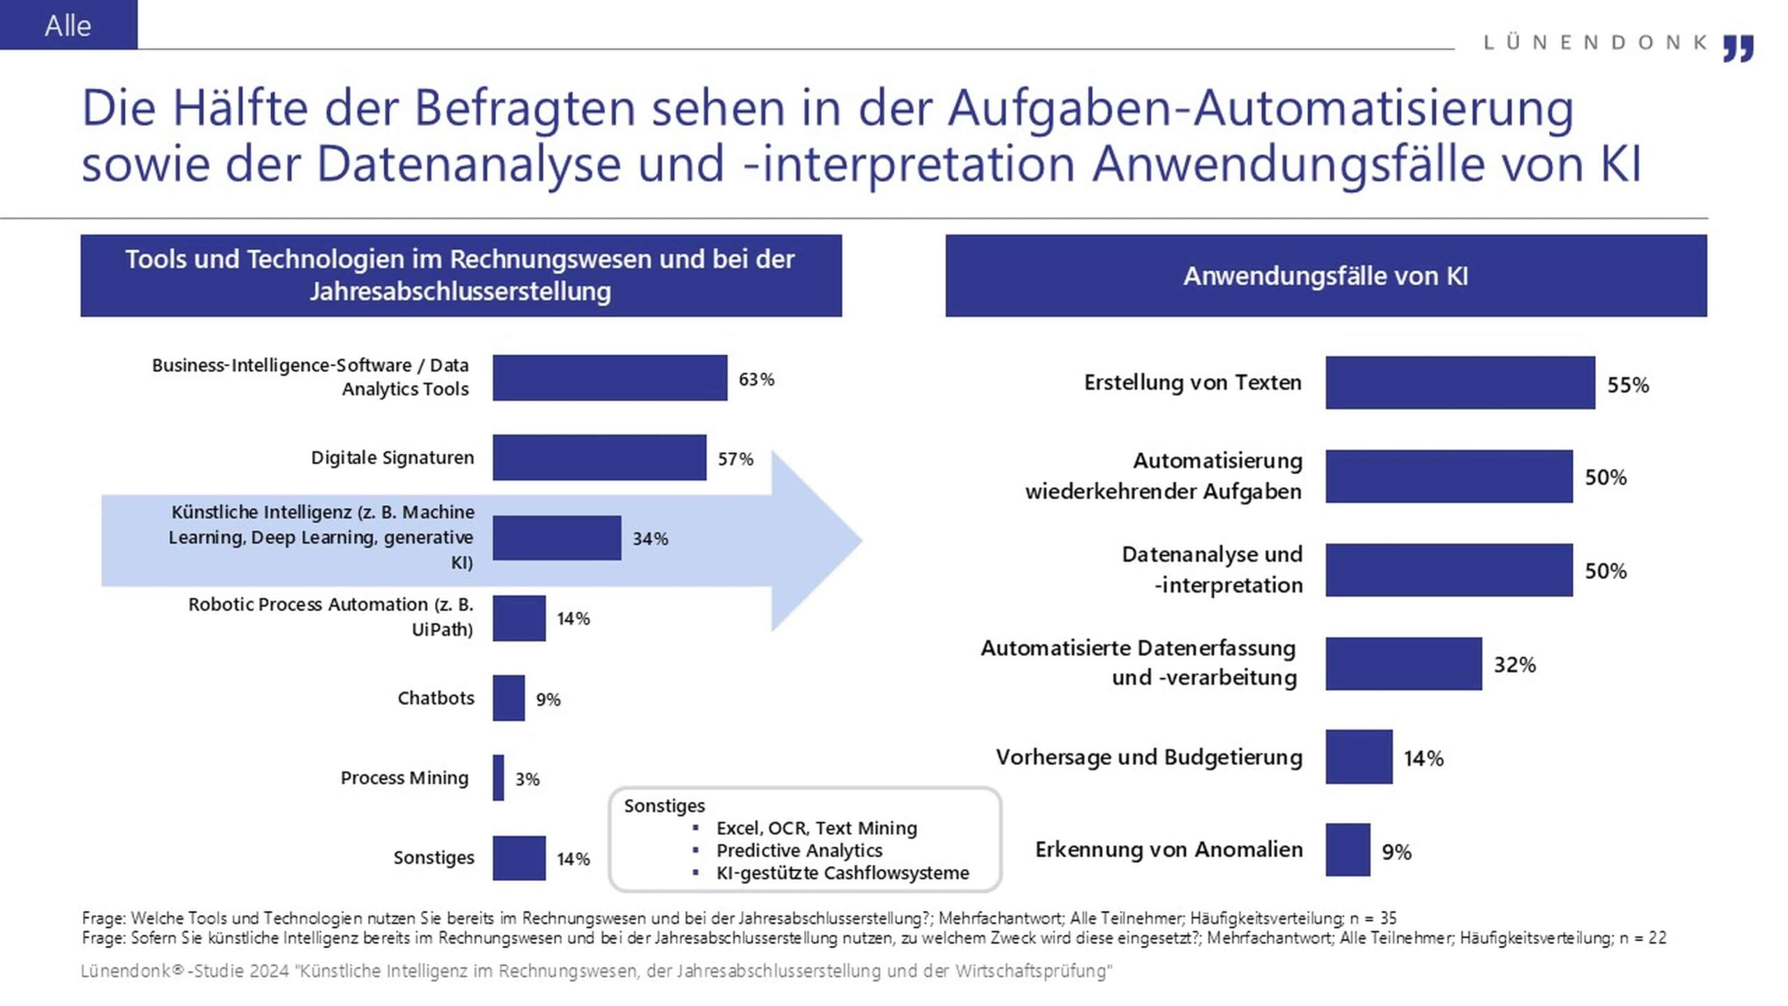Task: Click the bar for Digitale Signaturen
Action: (599, 458)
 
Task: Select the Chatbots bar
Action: (508, 698)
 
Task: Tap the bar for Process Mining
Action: (498, 778)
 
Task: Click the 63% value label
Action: (756, 379)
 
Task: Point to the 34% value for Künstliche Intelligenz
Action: (650, 539)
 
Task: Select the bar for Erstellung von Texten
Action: (1460, 383)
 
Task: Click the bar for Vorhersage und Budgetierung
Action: (1358, 757)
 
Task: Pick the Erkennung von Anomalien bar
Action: (1347, 850)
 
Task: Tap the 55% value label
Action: (1627, 385)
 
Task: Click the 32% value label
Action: (1514, 664)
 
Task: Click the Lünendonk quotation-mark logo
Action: (1738, 49)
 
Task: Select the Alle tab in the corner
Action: (68, 25)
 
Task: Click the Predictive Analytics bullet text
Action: (799, 850)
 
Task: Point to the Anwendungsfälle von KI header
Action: (1325, 276)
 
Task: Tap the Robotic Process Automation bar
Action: (519, 618)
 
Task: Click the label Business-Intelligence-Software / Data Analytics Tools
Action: (310, 377)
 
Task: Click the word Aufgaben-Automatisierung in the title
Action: (1260, 108)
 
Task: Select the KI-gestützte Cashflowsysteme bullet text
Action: (842, 873)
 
